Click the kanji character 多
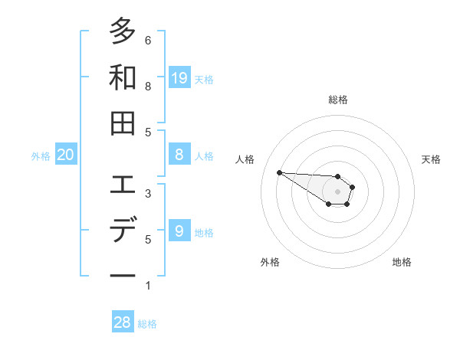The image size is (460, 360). pos(123,32)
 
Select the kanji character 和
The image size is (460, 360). pos(123,77)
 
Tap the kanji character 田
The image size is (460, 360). pos(123,123)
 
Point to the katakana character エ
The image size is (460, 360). pos(123,185)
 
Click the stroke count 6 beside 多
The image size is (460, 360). pos(148,40)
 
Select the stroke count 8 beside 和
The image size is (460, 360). pos(148,86)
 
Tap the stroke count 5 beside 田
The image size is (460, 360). pos(148,132)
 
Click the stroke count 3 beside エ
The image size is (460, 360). pos(148,193)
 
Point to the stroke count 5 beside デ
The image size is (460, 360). pos(148,239)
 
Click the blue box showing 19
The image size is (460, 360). pos(179,77)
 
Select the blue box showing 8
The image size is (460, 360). pos(179,155)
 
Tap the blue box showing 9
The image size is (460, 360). pos(179,231)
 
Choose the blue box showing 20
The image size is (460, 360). pos(66,155)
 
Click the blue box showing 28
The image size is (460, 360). pos(123,322)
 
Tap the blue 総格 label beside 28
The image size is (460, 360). pos(148,324)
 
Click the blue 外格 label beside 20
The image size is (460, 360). pos(41,156)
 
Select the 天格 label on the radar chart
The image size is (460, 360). pos(432,159)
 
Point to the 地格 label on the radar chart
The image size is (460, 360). pos(402,262)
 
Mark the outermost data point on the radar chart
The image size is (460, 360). pos(279,172)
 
